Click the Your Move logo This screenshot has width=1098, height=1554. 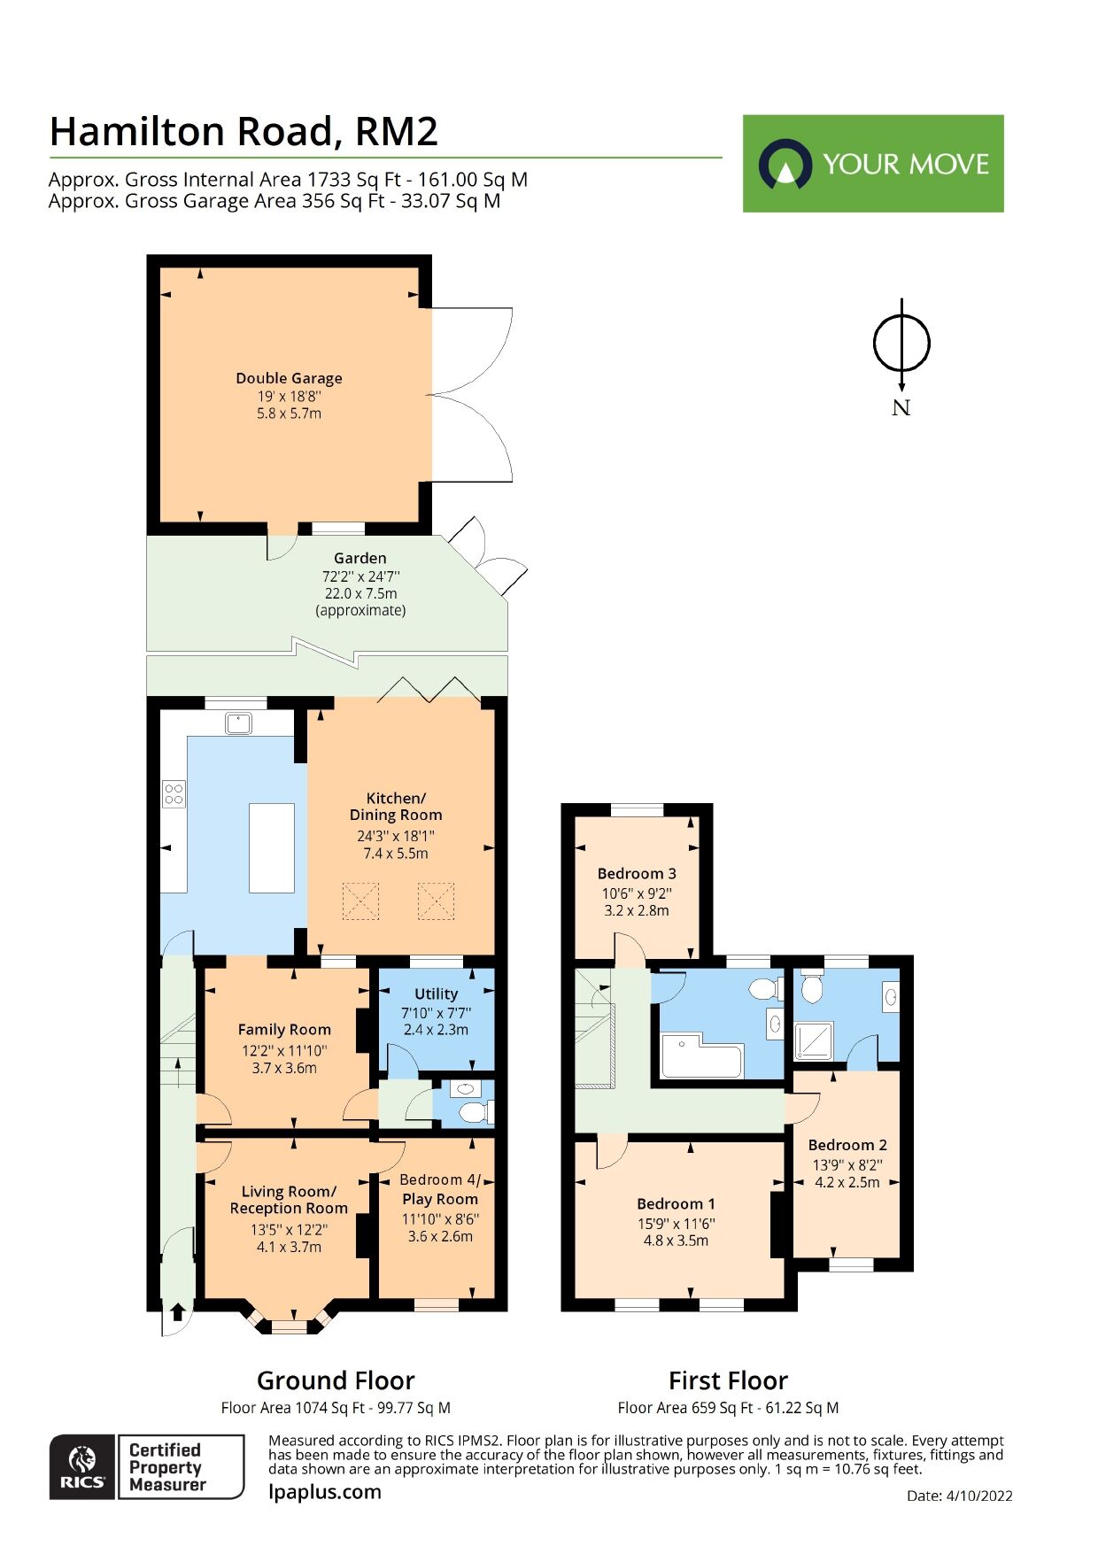(x=872, y=163)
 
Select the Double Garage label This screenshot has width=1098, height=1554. (x=289, y=378)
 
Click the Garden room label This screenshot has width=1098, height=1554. (x=360, y=559)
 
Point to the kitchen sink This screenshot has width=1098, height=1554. (x=238, y=723)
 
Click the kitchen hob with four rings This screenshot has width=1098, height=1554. (x=174, y=793)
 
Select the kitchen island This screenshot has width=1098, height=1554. (x=272, y=847)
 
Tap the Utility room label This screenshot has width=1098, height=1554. (x=436, y=994)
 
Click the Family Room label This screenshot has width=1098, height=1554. (x=284, y=1030)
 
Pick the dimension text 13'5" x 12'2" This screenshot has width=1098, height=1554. (x=289, y=1229)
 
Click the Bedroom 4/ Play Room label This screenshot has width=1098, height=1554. (x=440, y=1189)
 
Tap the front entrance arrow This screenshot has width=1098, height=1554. (x=176, y=1311)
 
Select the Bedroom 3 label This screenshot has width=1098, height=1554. (x=637, y=874)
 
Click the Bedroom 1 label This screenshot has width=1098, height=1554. (x=676, y=1204)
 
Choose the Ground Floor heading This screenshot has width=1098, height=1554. (x=336, y=1380)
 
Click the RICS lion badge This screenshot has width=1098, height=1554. (x=82, y=1467)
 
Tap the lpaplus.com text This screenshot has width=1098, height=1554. (x=325, y=1491)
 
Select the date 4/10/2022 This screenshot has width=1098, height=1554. (x=978, y=1496)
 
